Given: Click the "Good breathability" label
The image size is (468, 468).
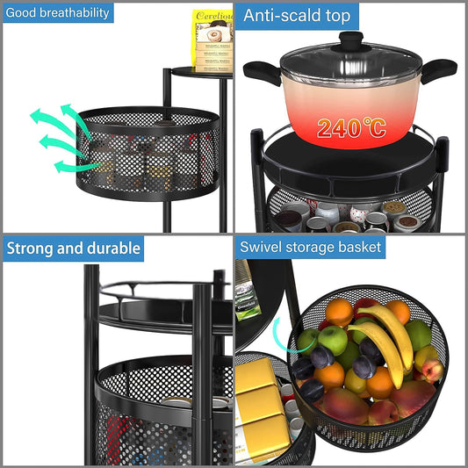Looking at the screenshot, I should [x=57, y=12].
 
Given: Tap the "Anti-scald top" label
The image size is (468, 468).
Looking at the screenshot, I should [x=297, y=15].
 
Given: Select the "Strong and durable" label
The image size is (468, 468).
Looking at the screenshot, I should [x=74, y=248].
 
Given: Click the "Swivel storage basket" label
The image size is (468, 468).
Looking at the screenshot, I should [x=311, y=247].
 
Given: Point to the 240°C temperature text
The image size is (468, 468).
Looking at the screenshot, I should [x=351, y=128].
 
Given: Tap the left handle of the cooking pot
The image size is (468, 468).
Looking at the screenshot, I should [x=260, y=71].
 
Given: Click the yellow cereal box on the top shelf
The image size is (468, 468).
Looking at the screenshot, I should [x=212, y=40].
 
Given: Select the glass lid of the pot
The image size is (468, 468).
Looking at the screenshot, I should [x=351, y=60].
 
